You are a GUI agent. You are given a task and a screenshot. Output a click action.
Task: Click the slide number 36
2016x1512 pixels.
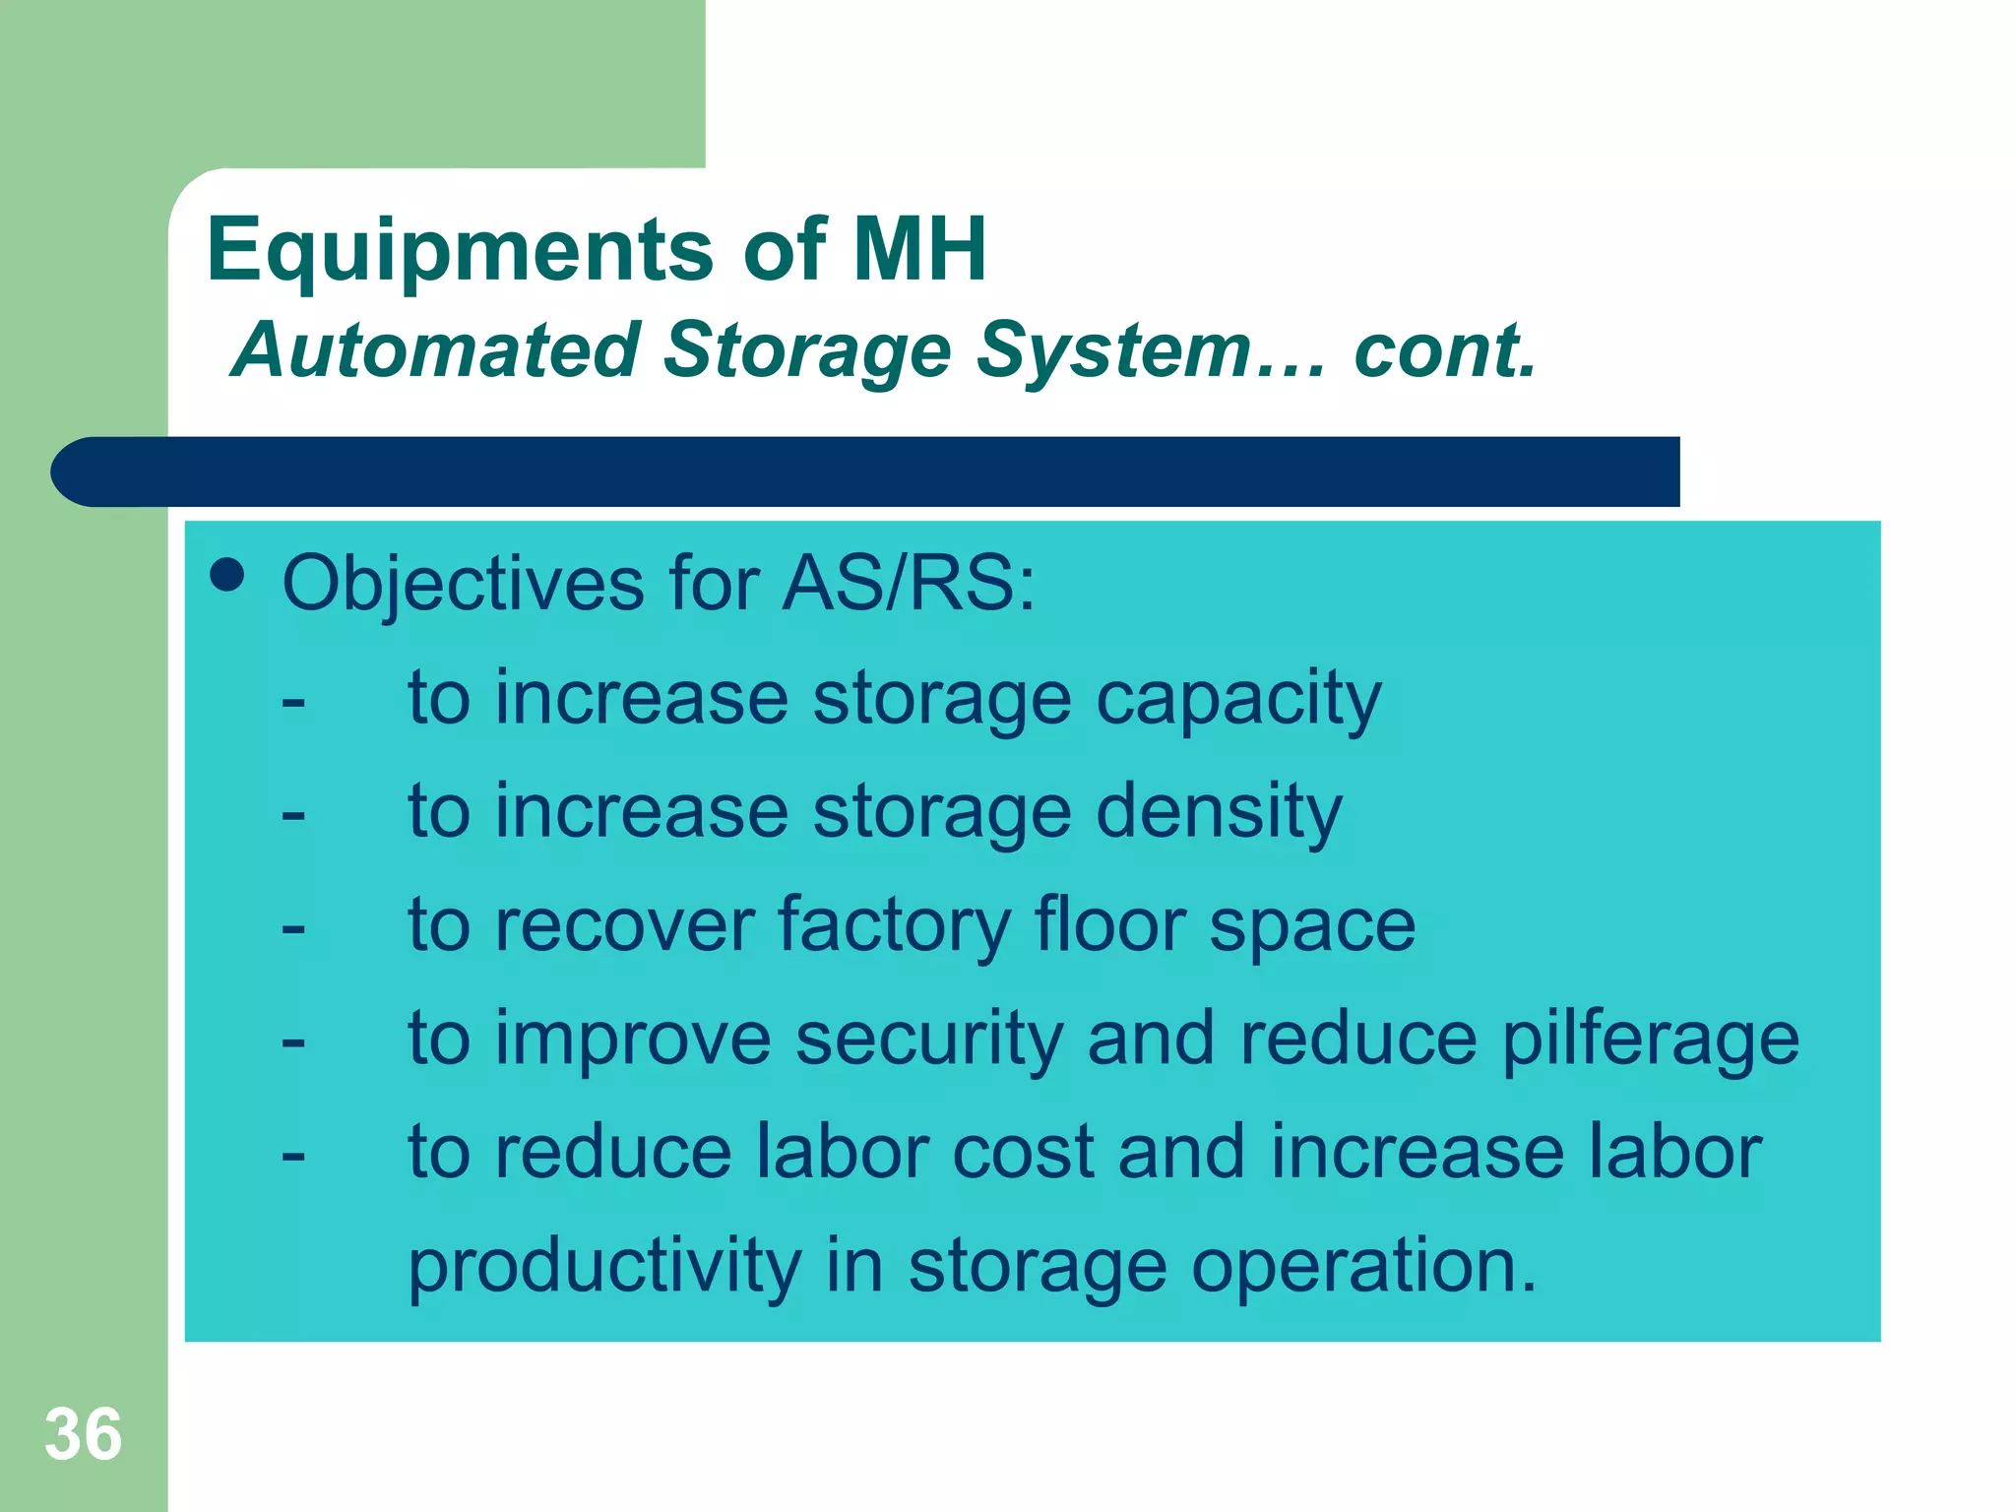[x=84, y=1434]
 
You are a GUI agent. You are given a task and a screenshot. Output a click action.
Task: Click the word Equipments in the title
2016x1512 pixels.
[x=460, y=251]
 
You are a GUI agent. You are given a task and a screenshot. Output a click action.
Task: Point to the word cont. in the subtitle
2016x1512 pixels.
[x=1444, y=350]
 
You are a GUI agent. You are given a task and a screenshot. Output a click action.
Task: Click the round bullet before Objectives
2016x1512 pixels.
[x=227, y=575]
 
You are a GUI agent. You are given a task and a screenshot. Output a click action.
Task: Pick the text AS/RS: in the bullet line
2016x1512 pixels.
[x=908, y=584]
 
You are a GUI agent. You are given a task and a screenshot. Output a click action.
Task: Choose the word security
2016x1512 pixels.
[x=929, y=1040]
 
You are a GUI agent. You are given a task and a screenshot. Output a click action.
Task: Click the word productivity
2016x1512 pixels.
[x=604, y=1268]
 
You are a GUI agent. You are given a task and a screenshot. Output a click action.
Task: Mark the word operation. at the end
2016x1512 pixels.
[x=1363, y=1268]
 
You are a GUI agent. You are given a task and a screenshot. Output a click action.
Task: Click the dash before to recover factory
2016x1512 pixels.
[x=292, y=928]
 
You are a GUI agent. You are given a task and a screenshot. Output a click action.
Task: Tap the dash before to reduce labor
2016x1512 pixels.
[x=292, y=1155]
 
